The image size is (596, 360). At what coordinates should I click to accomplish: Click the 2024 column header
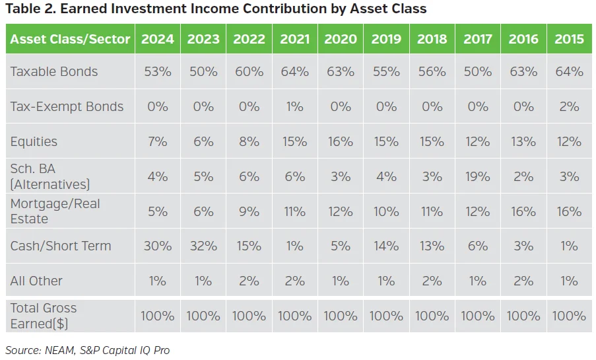click(x=157, y=39)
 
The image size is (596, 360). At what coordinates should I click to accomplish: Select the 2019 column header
click(x=386, y=39)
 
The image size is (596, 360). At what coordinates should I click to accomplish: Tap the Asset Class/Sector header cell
click(x=71, y=39)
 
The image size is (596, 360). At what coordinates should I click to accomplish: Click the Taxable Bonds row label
click(x=54, y=72)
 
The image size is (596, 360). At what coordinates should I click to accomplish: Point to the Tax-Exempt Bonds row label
click(x=67, y=107)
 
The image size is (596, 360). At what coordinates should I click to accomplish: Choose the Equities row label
click(x=34, y=142)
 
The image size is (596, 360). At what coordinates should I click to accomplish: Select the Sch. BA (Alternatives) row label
click(x=50, y=176)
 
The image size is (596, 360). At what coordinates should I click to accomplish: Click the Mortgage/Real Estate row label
click(x=55, y=211)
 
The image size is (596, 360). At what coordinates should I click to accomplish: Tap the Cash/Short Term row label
click(x=61, y=246)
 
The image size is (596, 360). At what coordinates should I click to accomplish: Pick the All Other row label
click(x=36, y=281)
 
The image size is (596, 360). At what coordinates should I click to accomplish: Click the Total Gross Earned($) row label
click(x=44, y=316)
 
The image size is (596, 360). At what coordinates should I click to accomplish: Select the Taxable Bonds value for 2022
click(x=249, y=72)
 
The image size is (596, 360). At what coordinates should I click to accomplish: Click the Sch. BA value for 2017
click(x=478, y=176)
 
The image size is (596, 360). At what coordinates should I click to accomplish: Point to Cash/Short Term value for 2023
click(x=203, y=246)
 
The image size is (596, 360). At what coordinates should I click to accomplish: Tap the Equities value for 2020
click(x=341, y=142)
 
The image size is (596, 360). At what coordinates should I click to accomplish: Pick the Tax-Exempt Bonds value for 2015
click(x=569, y=107)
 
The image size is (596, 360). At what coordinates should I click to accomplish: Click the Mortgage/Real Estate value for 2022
click(x=249, y=211)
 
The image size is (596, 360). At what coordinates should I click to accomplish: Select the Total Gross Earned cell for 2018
click(x=432, y=316)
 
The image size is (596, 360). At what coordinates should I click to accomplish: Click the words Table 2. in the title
click(x=29, y=9)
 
